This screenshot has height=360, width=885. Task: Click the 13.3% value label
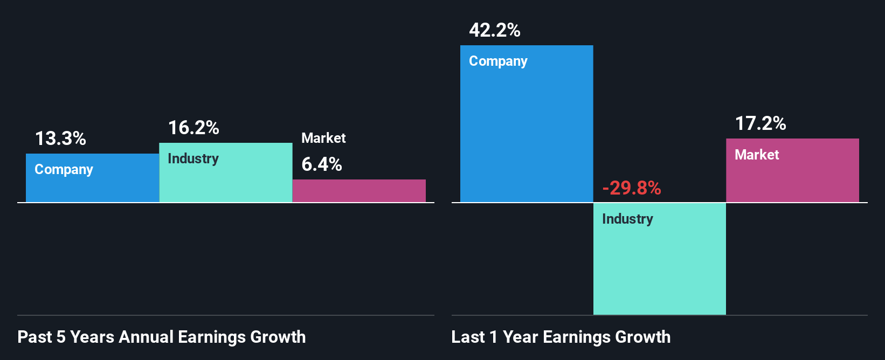point(60,139)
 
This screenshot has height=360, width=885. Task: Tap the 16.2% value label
point(193,128)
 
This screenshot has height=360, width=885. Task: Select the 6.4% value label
point(321,164)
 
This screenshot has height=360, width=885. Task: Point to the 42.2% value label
point(494,30)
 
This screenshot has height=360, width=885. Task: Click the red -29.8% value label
point(631,188)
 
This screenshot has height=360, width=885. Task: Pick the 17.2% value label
point(760,123)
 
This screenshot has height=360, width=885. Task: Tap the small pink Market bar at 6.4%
point(359,191)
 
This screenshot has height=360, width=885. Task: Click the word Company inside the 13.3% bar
point(64,170)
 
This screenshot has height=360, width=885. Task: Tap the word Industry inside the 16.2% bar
point(193,159)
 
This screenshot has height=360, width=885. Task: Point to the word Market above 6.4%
point(323,138)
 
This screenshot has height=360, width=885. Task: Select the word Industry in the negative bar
point(627,219)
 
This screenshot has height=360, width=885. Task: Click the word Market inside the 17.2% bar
point(757,155)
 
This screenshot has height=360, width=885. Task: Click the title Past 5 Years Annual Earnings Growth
point(161,337)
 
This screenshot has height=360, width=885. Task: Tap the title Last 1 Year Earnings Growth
point(561,337)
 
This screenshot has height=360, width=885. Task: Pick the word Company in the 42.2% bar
point(498,61)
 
